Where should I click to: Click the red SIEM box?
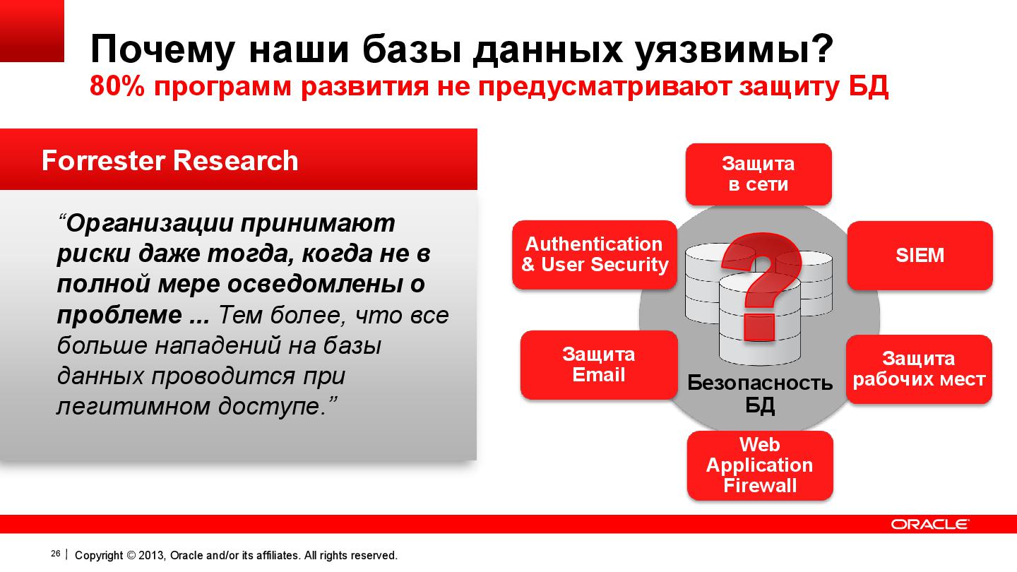pos(920,255)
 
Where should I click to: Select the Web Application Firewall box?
pos(759,465)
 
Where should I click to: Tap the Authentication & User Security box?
pos(595,254)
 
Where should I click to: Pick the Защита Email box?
pos(599,364)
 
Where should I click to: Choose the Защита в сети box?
pos(758,174)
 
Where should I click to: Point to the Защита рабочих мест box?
pos(919,369)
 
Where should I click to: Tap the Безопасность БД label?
pos(760,393)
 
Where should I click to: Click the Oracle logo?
pos(929,524)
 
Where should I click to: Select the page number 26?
pos(56,554)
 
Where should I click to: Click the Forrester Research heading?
pos(169,161)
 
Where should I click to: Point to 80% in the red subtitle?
pos(115,87)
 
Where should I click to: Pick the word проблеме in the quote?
pos(119,315)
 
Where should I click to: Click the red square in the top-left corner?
pos(32,30)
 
